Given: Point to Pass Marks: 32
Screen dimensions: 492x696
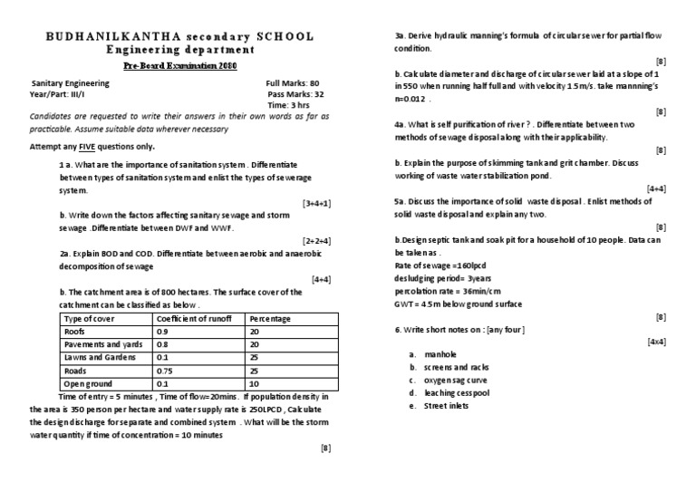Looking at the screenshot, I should (295, 94).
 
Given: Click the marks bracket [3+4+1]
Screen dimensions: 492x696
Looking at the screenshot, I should (316, 204).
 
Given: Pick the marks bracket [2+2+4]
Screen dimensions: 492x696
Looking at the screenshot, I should (316, 241).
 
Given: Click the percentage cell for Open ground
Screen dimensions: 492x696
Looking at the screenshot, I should (255, 384).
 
